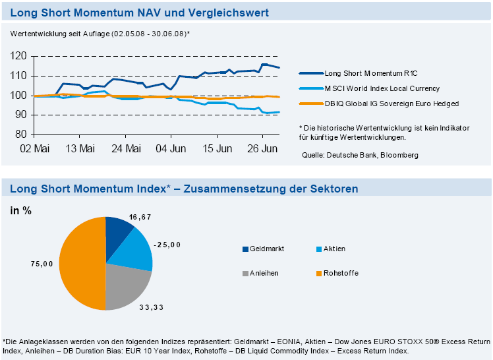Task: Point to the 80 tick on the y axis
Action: (21, 135)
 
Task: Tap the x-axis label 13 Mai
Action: (79, 148)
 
